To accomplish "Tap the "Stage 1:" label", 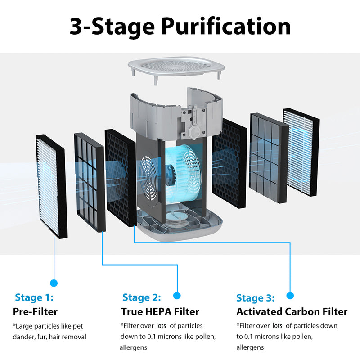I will tap(34, 297).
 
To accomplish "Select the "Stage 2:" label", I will tap(141, 297).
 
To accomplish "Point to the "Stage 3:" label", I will tap(256, 298).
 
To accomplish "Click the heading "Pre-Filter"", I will tap(35, 311).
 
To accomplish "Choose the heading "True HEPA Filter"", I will tap(160, 311).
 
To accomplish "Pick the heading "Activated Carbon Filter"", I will tap(292, 311).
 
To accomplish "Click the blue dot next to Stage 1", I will tap(54, 283).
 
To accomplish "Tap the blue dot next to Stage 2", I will tap(177, 295).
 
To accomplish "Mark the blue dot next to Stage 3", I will tap(290, 295).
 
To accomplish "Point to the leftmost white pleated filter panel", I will tap(51, 187).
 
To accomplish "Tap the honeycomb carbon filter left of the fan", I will tap(120, 178).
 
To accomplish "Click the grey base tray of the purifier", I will tap(180, 225).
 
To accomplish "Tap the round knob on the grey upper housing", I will tap(194, 131).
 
